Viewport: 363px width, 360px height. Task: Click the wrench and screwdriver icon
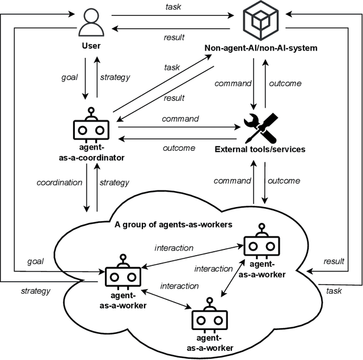point(260,127)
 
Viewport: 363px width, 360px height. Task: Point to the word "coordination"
point(60,183)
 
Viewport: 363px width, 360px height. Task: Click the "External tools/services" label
point(260,150)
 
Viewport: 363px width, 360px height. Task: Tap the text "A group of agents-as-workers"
point(174,225)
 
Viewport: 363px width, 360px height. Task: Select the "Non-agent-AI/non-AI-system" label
point(261,48)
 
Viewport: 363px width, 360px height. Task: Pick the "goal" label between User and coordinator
point(70,77)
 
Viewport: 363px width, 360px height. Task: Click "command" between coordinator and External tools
point(180,119)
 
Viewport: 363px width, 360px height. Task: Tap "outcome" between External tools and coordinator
point(179,147)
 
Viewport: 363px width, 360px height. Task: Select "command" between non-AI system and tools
point(233,83)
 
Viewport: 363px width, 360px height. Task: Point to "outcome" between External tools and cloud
point(284,181)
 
